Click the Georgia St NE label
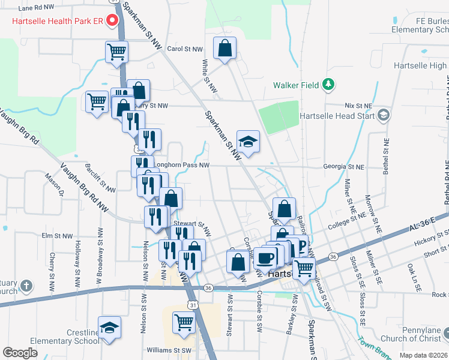[x=343, y=166]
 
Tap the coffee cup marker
[x=265, y=258]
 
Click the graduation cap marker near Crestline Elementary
[x=109, y=328]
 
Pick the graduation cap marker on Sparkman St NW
[x=248, y=142]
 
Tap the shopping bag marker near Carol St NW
[x=224, y=49]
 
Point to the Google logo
[x=20, y=353]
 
